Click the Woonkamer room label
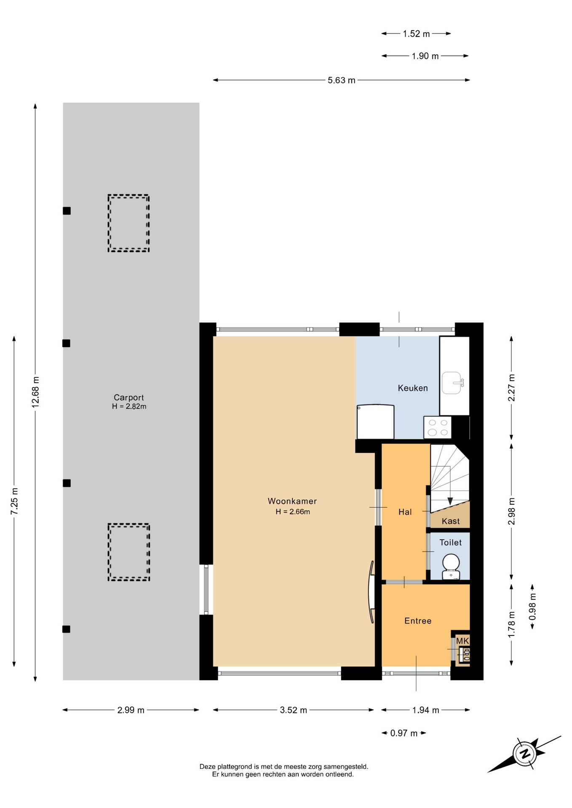(x=292, y=501)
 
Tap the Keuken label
(x=413, y=388)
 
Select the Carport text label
(x=129, y=398)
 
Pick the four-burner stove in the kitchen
(x=438, y=428)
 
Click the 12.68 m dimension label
(x=36, y=392)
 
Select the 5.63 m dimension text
(x=342, y=80)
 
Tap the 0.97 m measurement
(x=404, y=734)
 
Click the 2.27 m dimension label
(x=512, y=388)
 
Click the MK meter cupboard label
(x=462, y=641)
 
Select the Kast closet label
(x=451, y=521)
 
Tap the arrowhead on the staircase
(x=450, y=501)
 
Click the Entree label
(x=418, y=621)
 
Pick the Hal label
(x=405, y=512)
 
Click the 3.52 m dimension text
(x=294, y=710)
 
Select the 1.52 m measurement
(x=416, y=34)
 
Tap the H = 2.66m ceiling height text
(x=293, y=512)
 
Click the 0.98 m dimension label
(x=532, y=606)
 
